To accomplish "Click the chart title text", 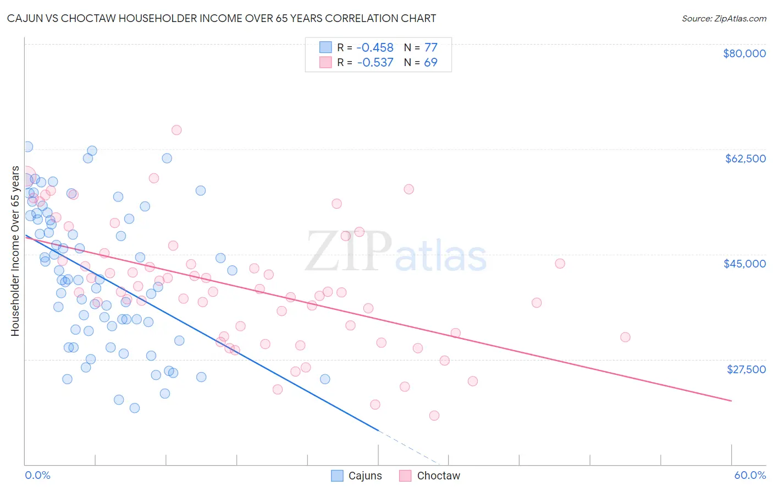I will click(x=222, y=18).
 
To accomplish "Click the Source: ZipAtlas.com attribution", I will click(x=724, y=18).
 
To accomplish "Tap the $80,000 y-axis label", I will click(x=744, y=53).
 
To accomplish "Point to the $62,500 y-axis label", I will click(x=745, y=159).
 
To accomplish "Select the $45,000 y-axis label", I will click(x=744, y=264).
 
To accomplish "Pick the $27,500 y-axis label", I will click(x=746, y=369).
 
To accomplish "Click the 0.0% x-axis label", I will click(x=37, y=475).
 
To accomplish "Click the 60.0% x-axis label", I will click(x=749, y=475).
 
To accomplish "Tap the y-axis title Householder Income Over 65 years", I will click(x=15, y=251).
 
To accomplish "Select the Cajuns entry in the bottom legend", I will click(x=365, y=476).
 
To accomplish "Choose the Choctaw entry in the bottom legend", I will click(x=438, y=476).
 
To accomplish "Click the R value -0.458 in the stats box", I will click(x=375, y=48).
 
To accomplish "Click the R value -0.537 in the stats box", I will click(x=375, y=63).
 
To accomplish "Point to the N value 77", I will click(x=430, y=48).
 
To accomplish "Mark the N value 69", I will click(x=430, y=63).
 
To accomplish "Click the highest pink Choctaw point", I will click(x=176, y=130).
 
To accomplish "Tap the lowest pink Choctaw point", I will click(x=434, y=416).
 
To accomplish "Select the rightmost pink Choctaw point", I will click(x=625, y=337).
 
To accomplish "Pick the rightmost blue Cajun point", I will click(x=325, y=379).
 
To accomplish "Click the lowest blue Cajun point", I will click(x=135, y=408).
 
